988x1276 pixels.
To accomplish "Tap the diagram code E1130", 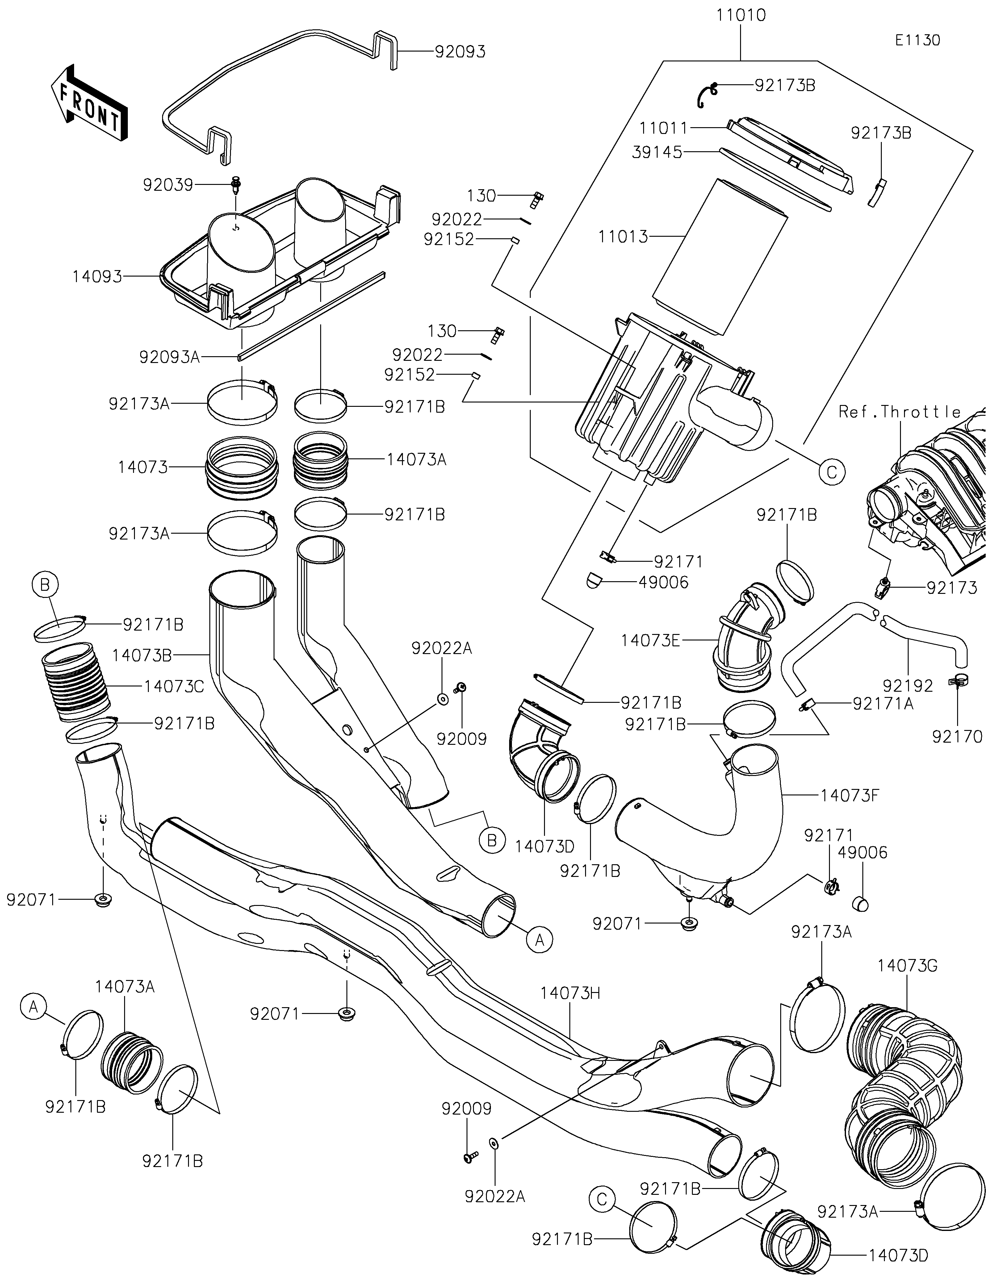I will [x=917, y=40].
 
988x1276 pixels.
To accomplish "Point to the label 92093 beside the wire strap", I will [x=460, y=52].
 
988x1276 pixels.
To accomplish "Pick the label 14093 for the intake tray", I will [x=97, y=276].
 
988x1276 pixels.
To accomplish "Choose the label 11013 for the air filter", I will [x=623, y=237].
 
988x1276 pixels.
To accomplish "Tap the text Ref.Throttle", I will [x=900, y=412].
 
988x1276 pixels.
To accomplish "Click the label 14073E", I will [x=650, y=640].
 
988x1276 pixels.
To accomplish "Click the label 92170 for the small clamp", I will [x=957, y=737].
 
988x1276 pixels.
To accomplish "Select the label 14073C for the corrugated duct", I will [x=174, y=686].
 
